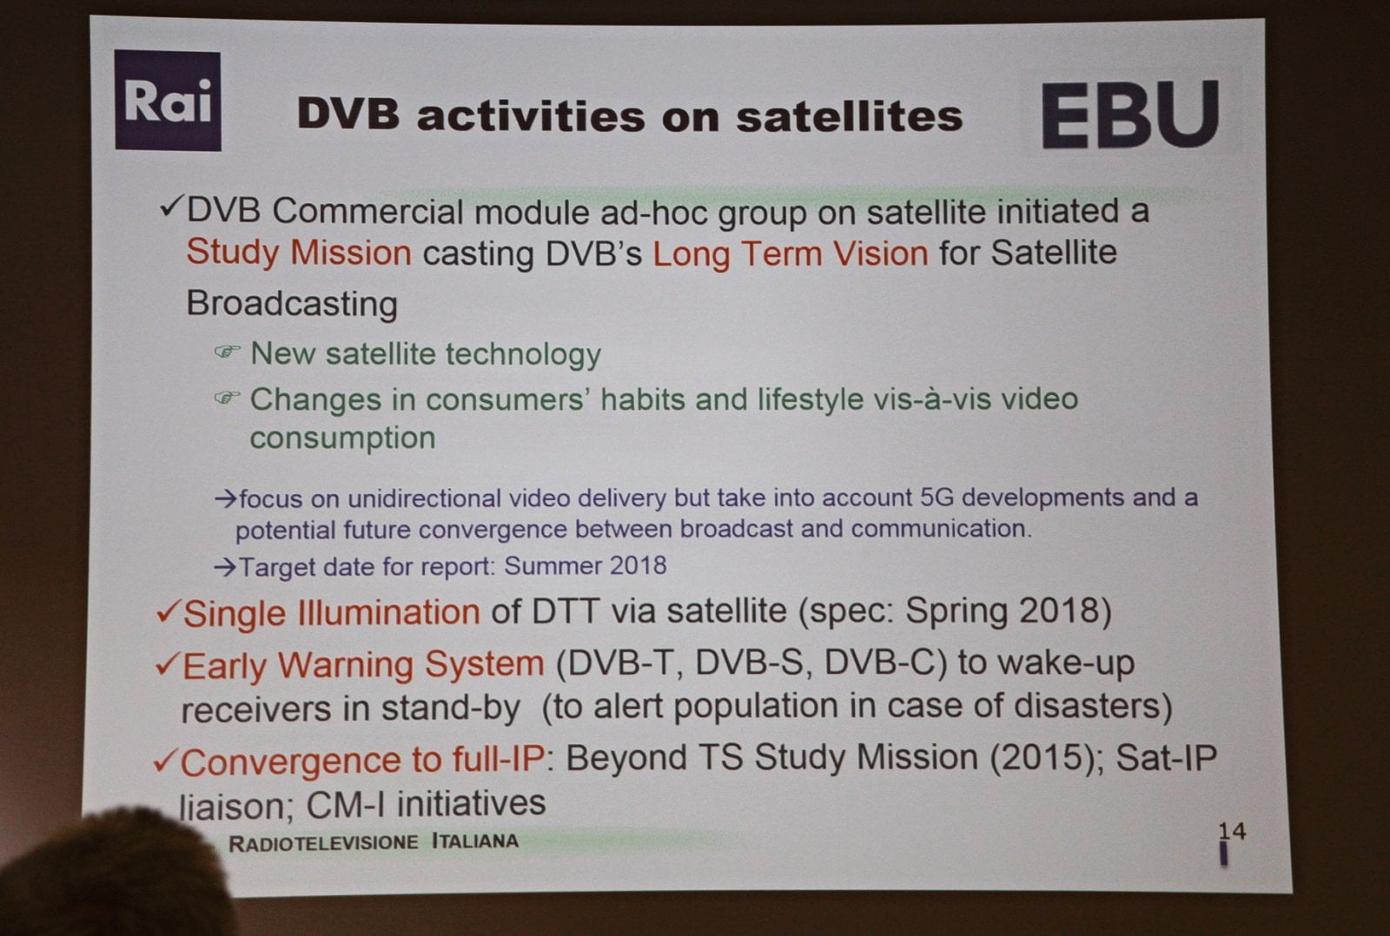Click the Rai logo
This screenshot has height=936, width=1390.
point(168,101)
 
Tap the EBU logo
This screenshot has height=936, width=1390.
point(1129,115)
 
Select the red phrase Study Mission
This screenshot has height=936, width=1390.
point(298,253)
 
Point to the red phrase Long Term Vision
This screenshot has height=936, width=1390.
point(790,254)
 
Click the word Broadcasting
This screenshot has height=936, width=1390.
point(292,304)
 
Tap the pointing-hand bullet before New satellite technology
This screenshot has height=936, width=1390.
point(227,352)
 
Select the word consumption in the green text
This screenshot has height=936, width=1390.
point(342,438)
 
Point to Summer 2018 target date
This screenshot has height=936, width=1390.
point(585,566)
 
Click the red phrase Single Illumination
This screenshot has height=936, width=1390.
point(331,613)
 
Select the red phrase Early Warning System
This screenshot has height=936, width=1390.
point(363,665)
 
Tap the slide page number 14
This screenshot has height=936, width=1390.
point(1231,831)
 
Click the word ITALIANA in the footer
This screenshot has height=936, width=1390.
point(474,841)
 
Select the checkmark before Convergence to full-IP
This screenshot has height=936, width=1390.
point(164,761)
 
